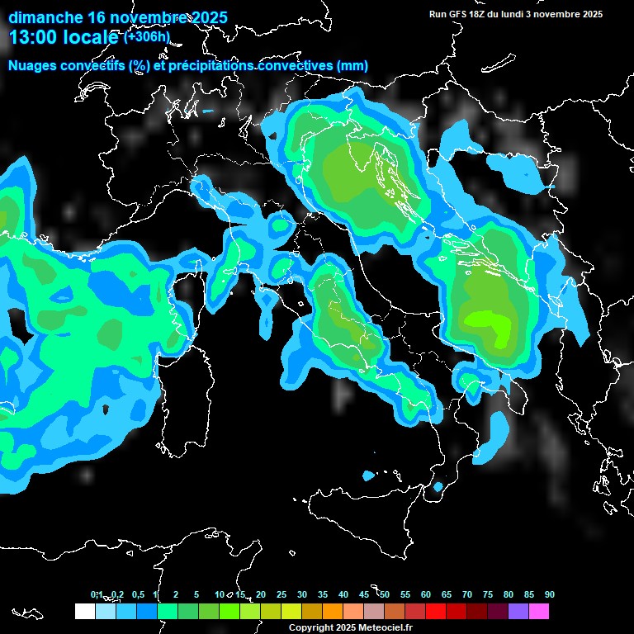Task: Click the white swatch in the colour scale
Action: pos(84,612)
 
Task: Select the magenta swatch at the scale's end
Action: pos(539,612)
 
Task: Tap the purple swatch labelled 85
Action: pos(518,612)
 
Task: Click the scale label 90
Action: pos(549,594)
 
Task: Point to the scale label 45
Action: pos(364,594)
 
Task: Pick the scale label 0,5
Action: pos(138,594)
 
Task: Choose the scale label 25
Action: pos(282,594)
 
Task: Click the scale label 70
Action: pos(467,594)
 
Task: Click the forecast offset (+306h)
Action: pos(146,36)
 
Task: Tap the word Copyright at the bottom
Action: pos(310,628)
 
